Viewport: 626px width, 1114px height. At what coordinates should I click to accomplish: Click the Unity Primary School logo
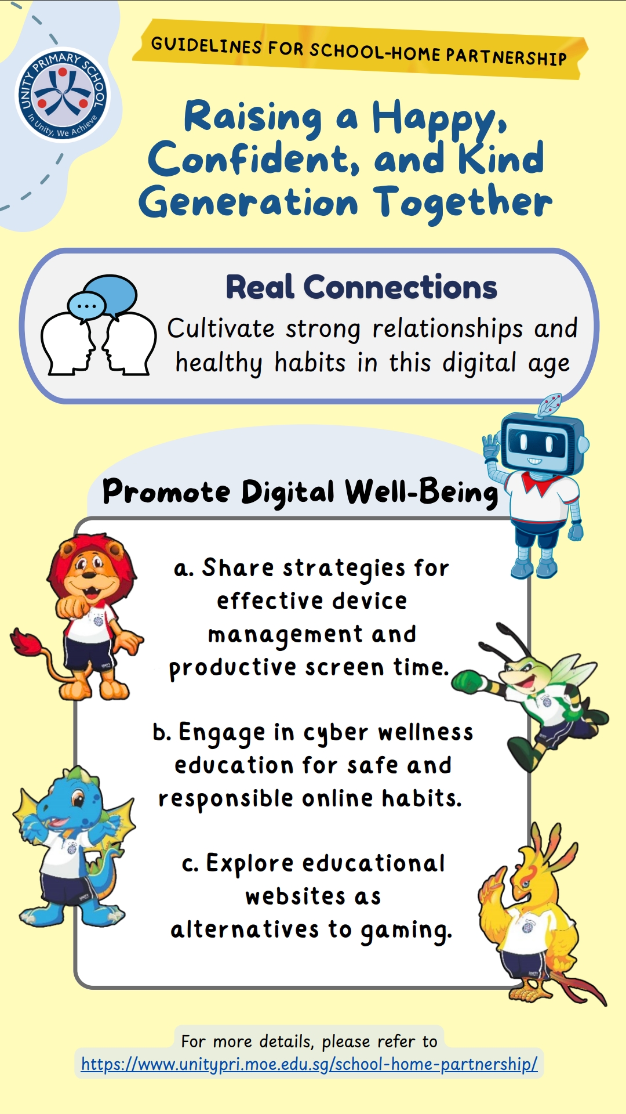click(62, 95)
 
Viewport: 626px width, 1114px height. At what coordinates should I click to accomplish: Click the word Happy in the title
click(439, 118)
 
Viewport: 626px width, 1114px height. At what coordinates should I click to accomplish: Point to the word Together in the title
click(463, 203)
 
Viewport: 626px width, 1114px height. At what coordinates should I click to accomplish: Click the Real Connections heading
click(361, 287)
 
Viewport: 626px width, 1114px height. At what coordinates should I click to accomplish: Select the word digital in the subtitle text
click(479, 364)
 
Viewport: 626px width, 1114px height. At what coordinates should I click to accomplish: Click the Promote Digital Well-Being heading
click(300, 493)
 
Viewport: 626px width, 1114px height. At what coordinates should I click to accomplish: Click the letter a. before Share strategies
click(184, 569)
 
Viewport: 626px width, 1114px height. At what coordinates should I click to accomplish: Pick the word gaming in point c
click(406, 931)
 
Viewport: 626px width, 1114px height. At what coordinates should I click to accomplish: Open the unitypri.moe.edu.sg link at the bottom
click(310, 1064)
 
